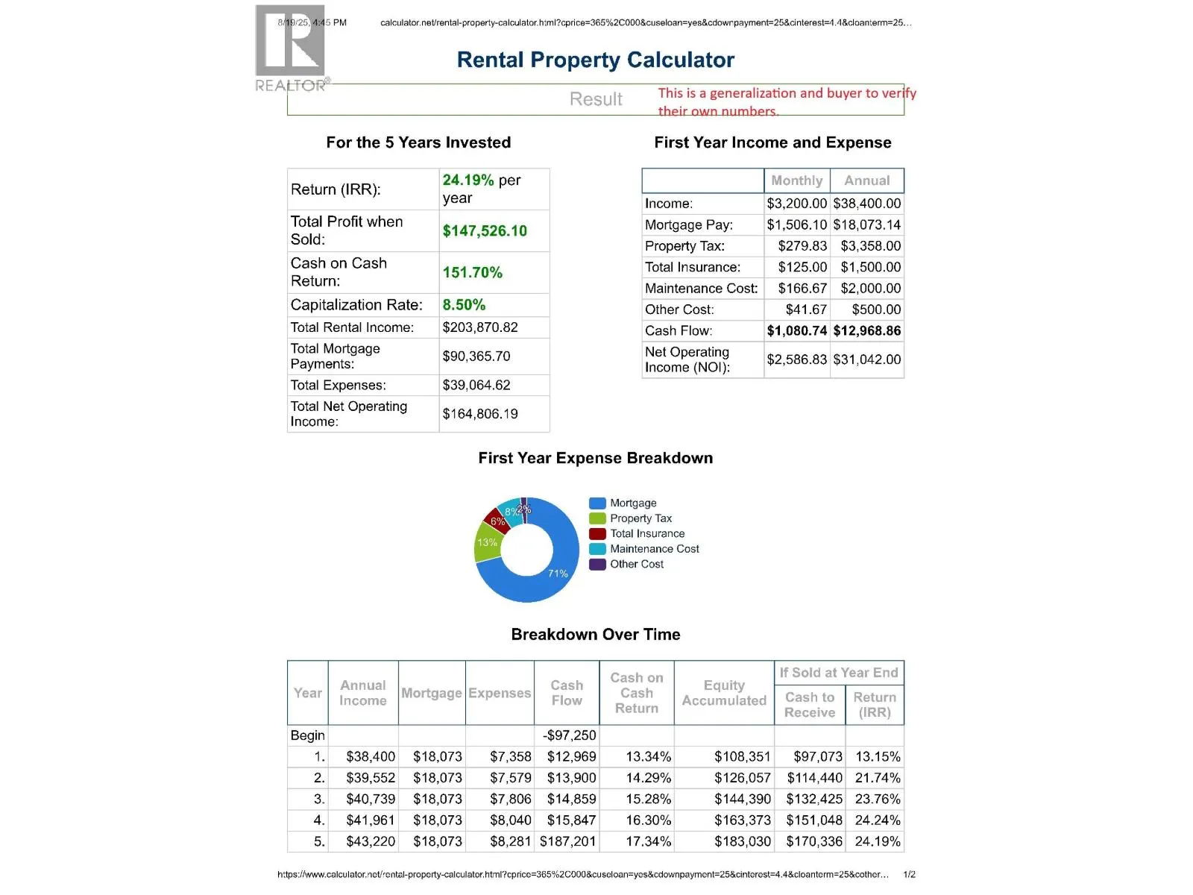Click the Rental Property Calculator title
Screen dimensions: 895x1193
[595, 60]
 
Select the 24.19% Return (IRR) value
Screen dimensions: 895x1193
[468, 180]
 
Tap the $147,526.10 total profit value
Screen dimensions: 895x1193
[485, 231]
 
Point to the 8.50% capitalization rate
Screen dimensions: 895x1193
[464, 305]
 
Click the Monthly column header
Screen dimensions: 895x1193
[796, 180]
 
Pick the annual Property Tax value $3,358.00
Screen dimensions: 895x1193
[870, 246]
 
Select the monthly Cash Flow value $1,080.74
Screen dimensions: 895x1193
[796, 331]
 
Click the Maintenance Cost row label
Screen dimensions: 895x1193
[701, 289]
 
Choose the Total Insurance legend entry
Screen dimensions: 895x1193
[646, 534]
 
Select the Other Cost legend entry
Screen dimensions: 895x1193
[636, 565]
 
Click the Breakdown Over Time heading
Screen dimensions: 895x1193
[595, 635]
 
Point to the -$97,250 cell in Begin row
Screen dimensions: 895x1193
[570, 735]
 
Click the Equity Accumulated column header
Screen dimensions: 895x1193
[723, 693]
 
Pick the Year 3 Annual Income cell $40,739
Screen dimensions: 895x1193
[370, 800]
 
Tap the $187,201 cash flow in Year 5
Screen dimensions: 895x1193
[567, 842]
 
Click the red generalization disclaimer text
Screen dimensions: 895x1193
[786, 102]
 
